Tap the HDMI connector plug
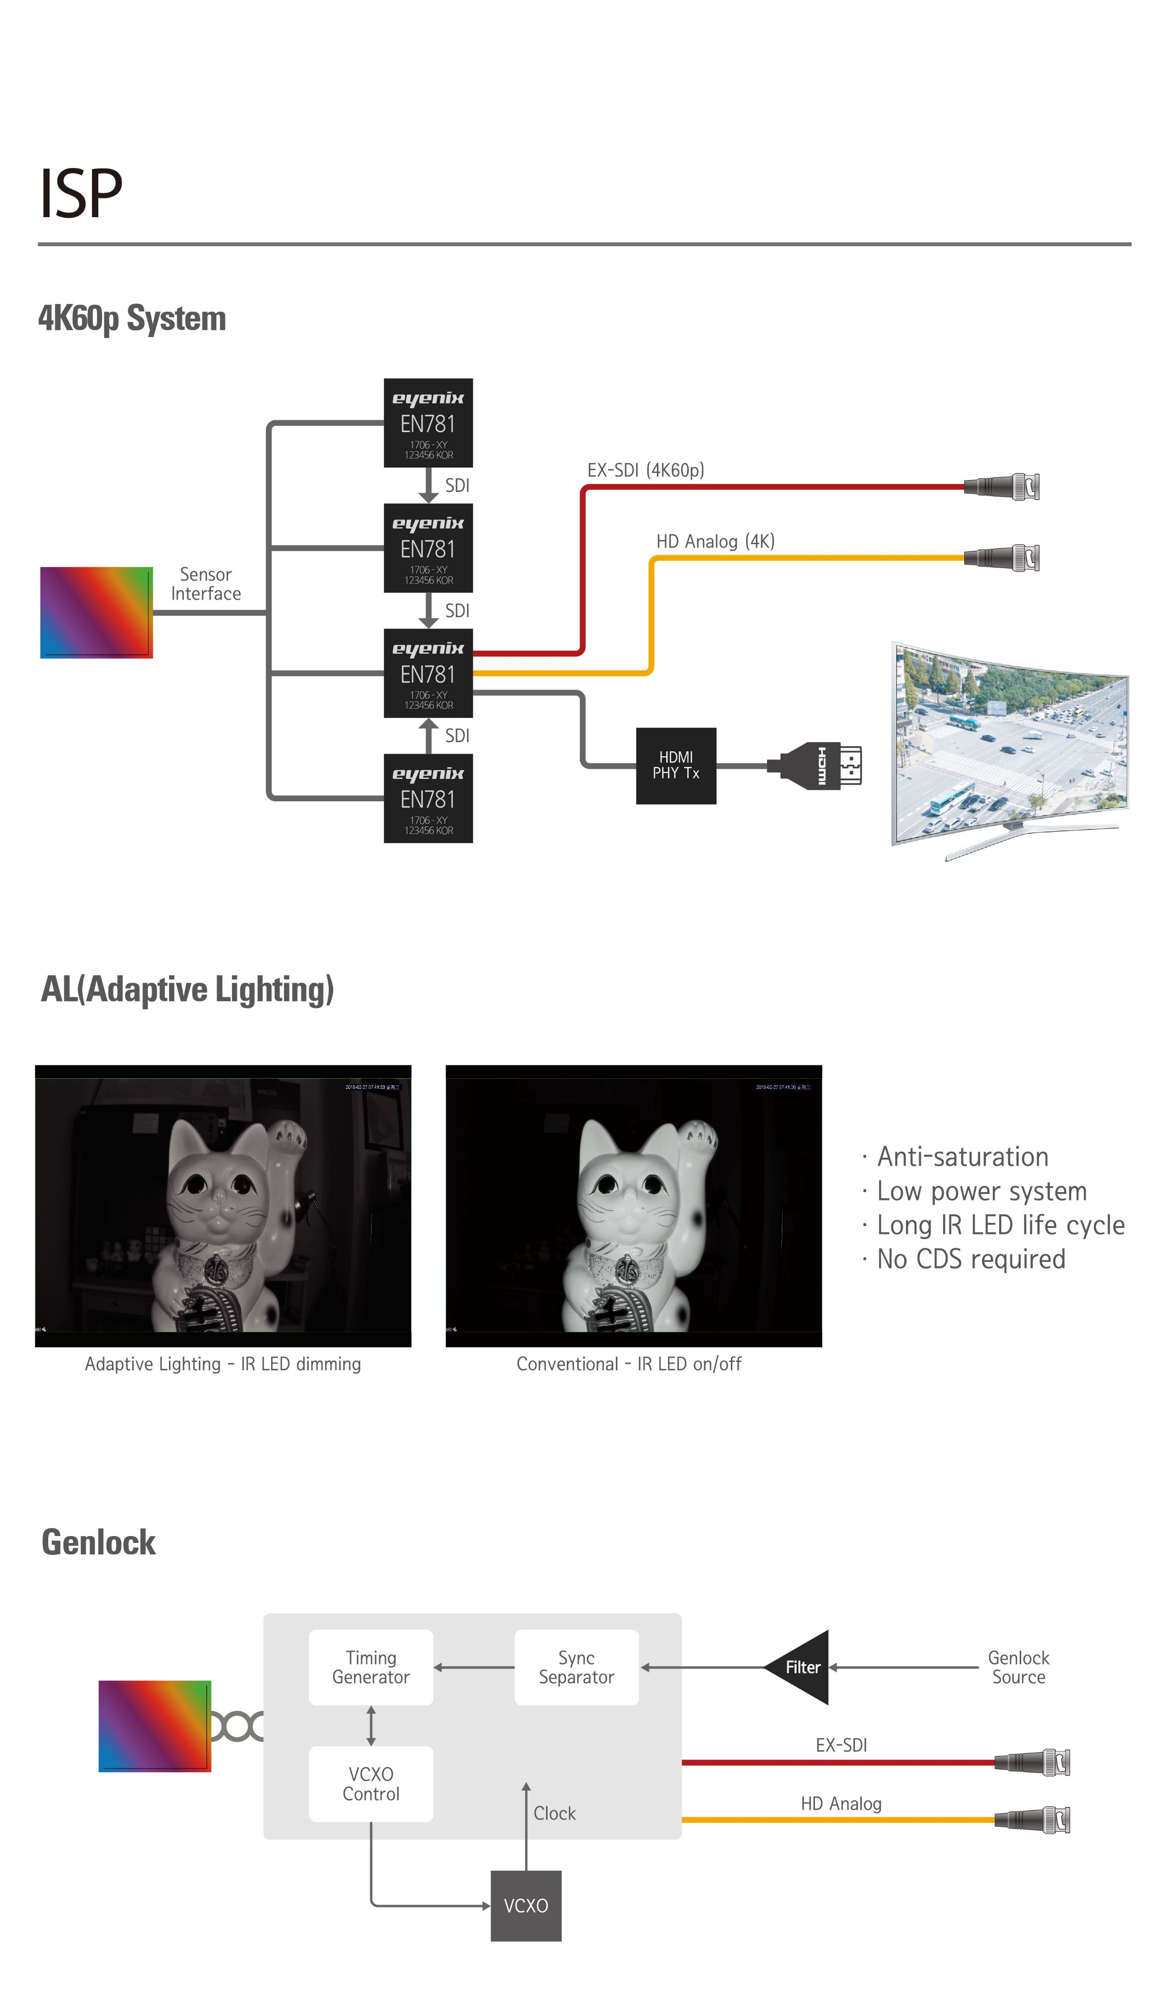pos(817,766)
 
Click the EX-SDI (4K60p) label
pos(645,470)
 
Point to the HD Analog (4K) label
pos(714,541)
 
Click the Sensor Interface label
pos(205,584)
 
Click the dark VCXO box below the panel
pos(526,1905)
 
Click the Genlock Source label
pos(1018,1667)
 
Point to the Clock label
pos(554,1813)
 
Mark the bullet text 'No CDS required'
pos(971,1259)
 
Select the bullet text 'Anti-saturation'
pos(962,1157)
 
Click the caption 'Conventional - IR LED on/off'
pos(629,1364)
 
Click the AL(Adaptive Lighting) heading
pos(187,990)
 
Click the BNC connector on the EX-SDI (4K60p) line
pos(1003,487)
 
